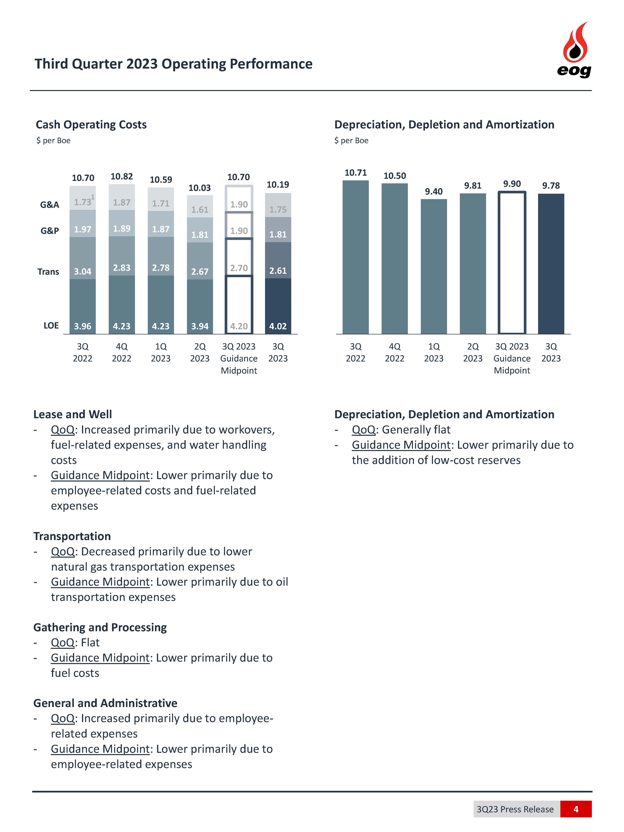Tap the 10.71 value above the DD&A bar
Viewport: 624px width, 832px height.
(355, 173)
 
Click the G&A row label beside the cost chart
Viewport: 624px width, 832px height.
(50, 205)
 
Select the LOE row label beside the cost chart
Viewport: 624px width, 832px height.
(51, 325)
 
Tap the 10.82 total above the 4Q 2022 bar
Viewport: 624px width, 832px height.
(122, 176)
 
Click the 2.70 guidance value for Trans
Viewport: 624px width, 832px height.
(239, 268)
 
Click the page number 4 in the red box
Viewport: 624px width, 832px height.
(575, 809)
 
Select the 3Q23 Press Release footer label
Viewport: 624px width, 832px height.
(515, 809)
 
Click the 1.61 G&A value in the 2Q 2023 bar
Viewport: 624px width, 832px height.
(200, 209)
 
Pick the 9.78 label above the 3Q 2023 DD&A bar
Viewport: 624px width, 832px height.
(551, 185)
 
